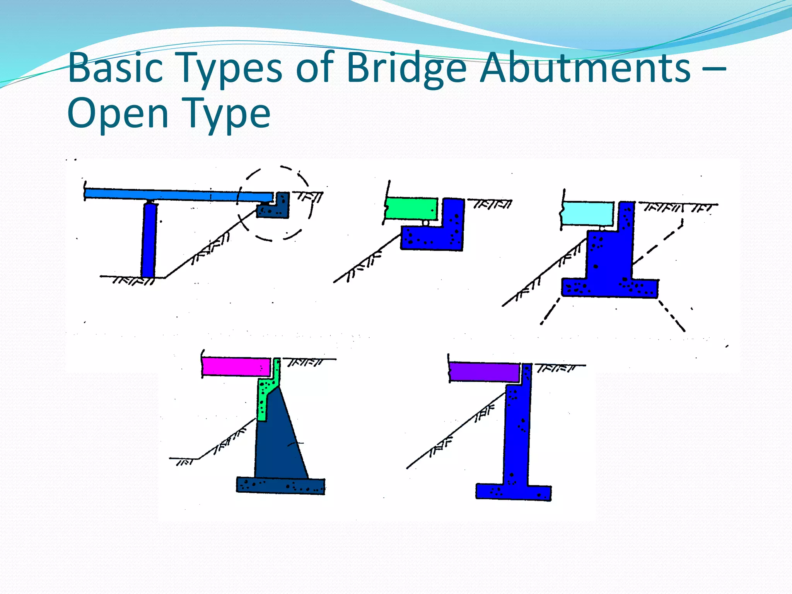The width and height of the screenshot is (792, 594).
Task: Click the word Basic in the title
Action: point(115,68)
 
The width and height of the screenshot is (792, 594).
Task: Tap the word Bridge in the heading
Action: point(406,68)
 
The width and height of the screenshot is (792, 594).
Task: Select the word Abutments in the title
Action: point(585,68)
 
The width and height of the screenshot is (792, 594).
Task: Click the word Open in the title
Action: point(118,114)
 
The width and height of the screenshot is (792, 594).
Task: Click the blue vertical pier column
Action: point(149,240)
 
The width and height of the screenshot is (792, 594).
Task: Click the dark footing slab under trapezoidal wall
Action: point(280,486)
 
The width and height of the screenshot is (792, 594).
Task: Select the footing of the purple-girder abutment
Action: point(513,492)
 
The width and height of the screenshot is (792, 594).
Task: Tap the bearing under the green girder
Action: point(426,223)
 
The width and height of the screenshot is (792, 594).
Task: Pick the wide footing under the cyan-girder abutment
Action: point(609,288)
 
